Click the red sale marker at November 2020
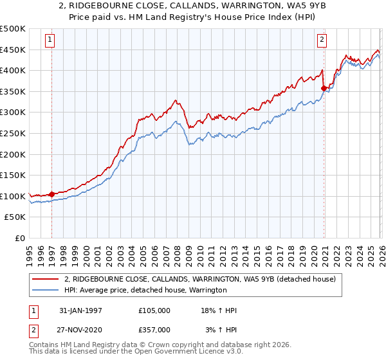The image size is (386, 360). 324,88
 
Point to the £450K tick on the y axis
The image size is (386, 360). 13,50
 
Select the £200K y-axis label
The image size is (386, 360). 13,154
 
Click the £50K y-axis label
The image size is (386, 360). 15,217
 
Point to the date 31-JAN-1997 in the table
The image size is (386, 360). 80,310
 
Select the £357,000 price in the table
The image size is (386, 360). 154,329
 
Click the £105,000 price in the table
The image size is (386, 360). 154,310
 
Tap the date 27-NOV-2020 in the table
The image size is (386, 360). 80,329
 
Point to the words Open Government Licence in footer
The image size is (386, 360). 161,353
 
